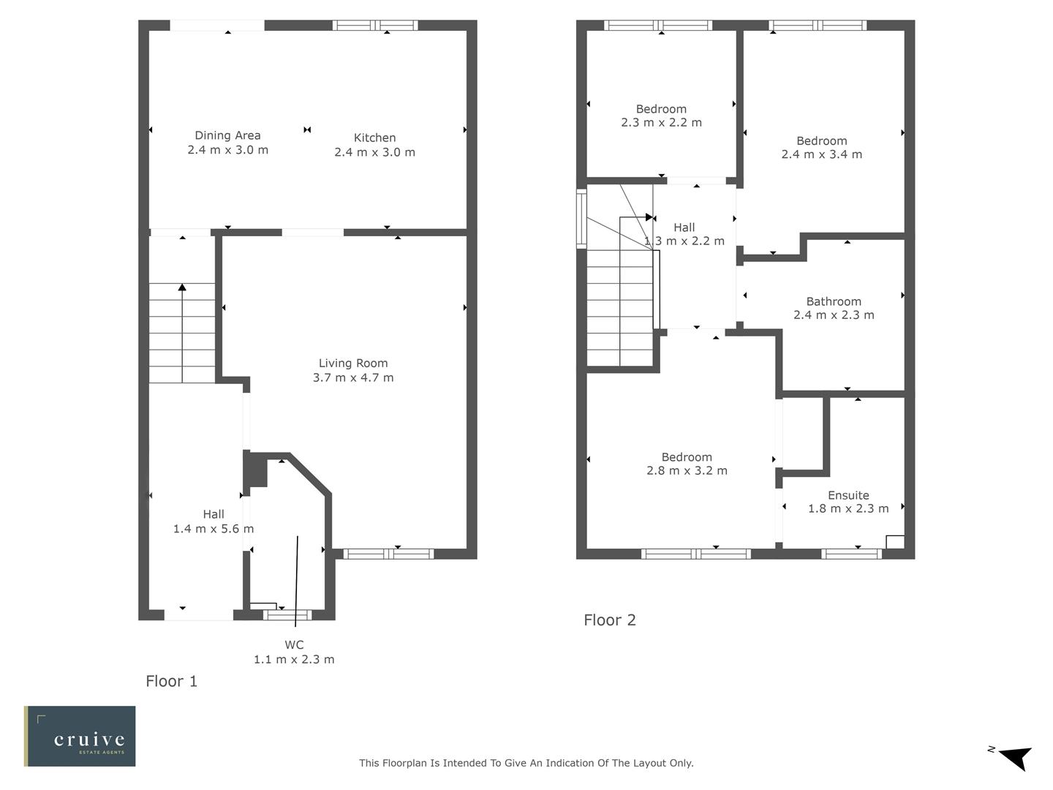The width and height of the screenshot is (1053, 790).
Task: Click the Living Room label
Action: pyautogui.click(x=353, y=363)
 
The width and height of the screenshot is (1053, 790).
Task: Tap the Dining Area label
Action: pyautogui.click(x=227, y=135)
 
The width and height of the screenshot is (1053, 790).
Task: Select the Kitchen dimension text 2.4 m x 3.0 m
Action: pyautogui.click(x=374, y=152)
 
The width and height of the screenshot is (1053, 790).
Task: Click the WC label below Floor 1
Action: pyautogui.click(x=294, y=644)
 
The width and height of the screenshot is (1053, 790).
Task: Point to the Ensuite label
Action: pyautogui.click(x=848, y=495)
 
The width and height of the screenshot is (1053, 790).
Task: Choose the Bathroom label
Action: pyautogui.click(x=834, y=301)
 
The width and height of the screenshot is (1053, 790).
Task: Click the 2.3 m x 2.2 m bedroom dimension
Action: pyautogui.click(x=661, y=122)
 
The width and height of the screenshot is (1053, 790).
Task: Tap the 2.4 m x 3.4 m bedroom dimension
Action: pyautogui.click(x=821, y=154)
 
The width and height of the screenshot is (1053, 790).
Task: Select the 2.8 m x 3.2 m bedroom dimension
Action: pyautogui.click(x=687, y=470)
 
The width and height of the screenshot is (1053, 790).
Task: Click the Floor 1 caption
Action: pyautogui.click(x=171, y=681)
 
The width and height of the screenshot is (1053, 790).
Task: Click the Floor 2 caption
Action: pyautogui.click(x=610, y=620)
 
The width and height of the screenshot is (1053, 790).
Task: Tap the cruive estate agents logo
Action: pyautogui.click(x=80, y=736)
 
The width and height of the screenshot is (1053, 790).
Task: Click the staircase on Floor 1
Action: pyautogui.click(x=182, y=333)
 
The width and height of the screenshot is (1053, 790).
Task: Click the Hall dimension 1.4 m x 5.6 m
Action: pyautogui.click(x=214, y=528)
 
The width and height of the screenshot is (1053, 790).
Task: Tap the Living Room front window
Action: pyautogui.click(x=388, y=554)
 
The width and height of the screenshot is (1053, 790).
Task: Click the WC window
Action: pyautogui.click(x=287, y=614)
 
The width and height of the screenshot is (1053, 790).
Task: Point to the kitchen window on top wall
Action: pyautogui.click(x=375, y=26)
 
